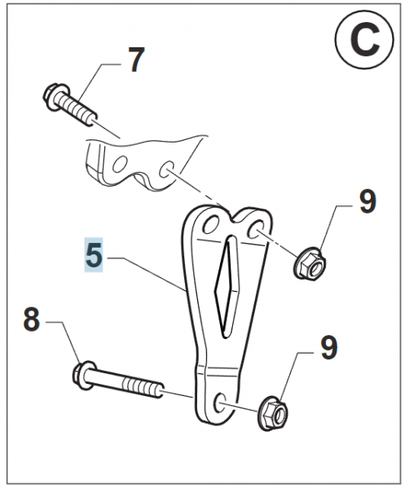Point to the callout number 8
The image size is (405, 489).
[x=31, y=320]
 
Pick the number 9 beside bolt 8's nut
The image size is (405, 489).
[x=328, y=348]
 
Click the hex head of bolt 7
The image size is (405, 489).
[x=55, y=96]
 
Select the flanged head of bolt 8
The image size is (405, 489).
[x=82, y=375]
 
